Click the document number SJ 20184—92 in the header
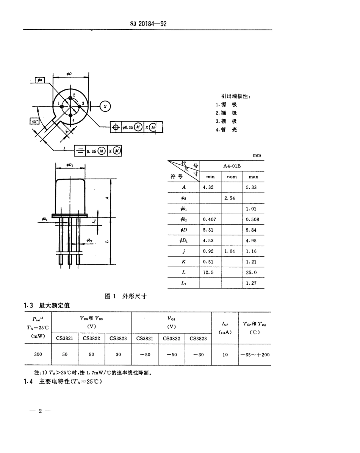(148, 24)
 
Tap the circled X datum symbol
(105, 107)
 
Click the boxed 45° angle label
(35, 121)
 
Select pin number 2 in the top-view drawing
(74, 95)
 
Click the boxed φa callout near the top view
(40, 80)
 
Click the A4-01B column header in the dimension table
(232, 166)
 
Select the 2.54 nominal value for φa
(231, 198)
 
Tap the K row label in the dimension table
(183, 262)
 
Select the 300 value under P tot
(38, 354)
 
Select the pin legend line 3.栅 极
(226, 121)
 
